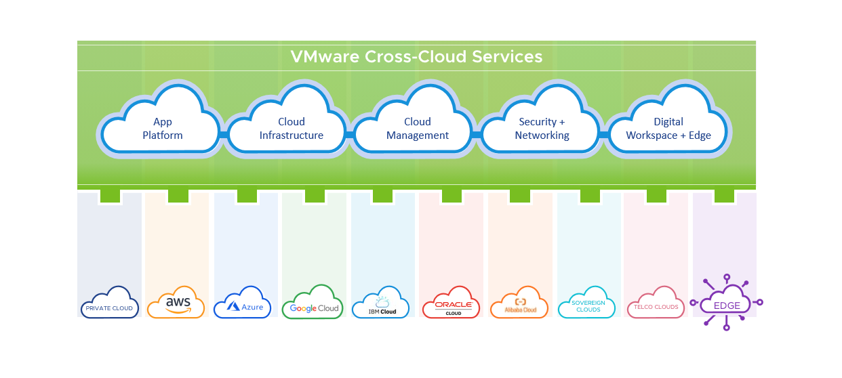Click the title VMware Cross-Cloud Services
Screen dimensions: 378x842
[x=416, y=56]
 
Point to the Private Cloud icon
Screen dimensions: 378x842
[x=109, y=304]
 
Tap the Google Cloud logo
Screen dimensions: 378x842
[x=314, y=304]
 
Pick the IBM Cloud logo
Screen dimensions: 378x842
[x=380, y=307]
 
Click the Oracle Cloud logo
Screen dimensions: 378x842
[x=451, y=304]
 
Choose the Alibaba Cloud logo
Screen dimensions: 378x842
[x=519, y=304]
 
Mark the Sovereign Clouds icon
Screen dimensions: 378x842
[x=586, y=304]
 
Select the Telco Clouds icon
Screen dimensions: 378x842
[x=656, y=304]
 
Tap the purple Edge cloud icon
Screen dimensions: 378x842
[x=726, y=303]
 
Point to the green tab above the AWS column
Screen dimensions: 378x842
[x=178, y=195]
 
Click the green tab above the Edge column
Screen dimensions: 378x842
[x=724, y=195]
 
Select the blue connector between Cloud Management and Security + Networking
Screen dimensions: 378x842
[x=476, y=135]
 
